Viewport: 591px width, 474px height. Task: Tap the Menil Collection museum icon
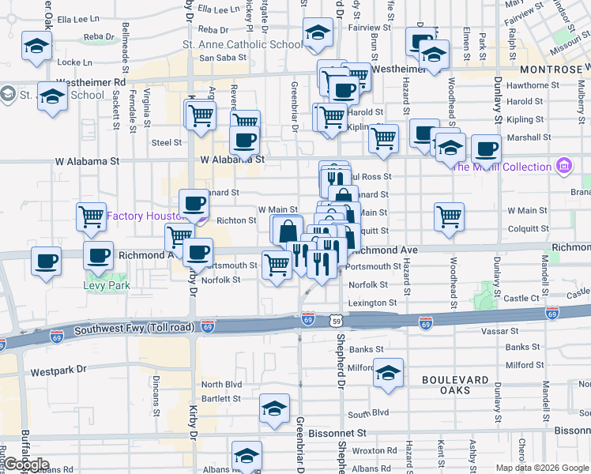pyautogui.click(x=563, y=166)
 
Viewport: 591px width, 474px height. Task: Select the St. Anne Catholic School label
pyautogui.click(x=243, y=45)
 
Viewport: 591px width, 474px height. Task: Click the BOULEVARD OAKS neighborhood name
pyautogui.click(x=455, y=384)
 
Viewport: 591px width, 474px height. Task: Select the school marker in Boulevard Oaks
pyautogui.click(x=388, y=374)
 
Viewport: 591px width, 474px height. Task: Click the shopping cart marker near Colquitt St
pyautogui.click(x=449, y=216)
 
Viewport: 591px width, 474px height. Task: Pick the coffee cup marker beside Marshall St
pyautogui.click(x=486, y=148)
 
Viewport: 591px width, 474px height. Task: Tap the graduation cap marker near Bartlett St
pyautogui.click(x=274, y=408)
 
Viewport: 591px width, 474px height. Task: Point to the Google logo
pyautogui.click(x=26, y=465)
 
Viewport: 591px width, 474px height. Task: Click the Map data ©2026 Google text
pyautogui.click(x=541, y=468)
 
